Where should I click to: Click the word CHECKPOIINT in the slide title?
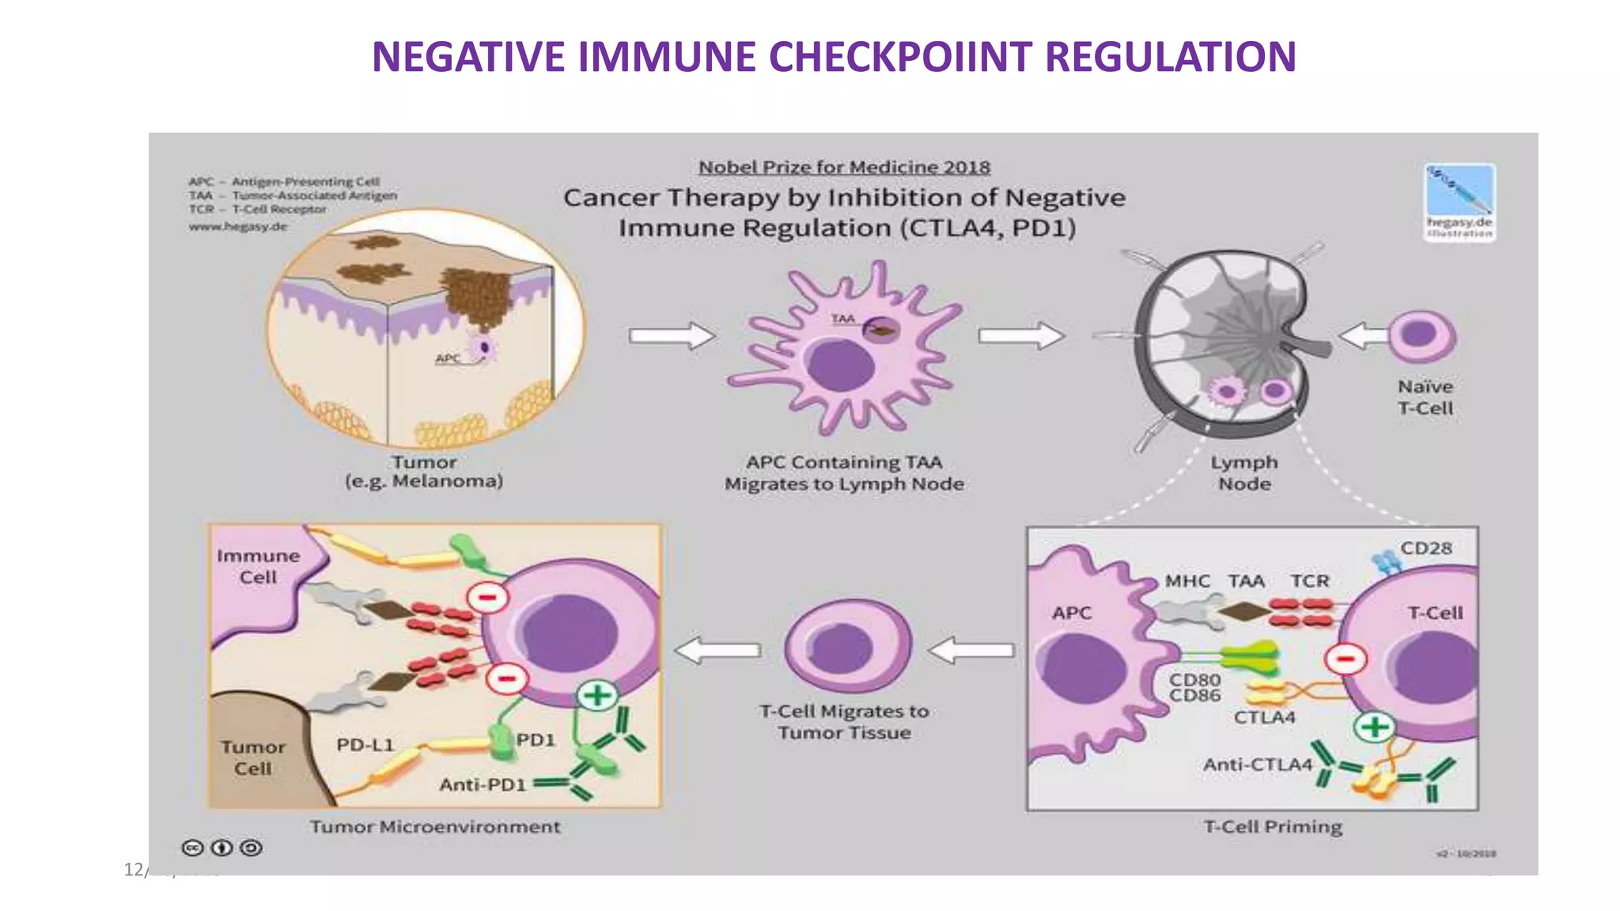pos(899,57)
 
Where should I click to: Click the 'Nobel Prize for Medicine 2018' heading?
pos(844,167)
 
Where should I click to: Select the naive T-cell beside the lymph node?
pos(1421,335)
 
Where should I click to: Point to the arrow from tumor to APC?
pos(671,336)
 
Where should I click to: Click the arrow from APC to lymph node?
pos(1020,336)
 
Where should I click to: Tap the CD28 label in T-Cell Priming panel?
pos(1425,548)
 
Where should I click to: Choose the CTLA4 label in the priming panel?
pos(1264,717)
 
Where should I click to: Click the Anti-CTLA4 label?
pos(1257,765)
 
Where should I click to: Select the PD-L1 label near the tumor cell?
pos(365,745)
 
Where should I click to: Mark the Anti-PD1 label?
pos(483,784)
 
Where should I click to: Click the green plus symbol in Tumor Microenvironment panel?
pos(597,696)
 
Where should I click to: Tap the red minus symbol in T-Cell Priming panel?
pos(1346,658)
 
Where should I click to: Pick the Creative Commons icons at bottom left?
pos(222,848)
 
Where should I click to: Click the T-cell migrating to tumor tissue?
pos(846,645)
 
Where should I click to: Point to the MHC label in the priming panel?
pos(1187,581)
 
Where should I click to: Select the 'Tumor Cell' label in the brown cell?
pos(252,758)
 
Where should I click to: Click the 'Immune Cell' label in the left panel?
pos(258,566)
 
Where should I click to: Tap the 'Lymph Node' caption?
pos(1243,473)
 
